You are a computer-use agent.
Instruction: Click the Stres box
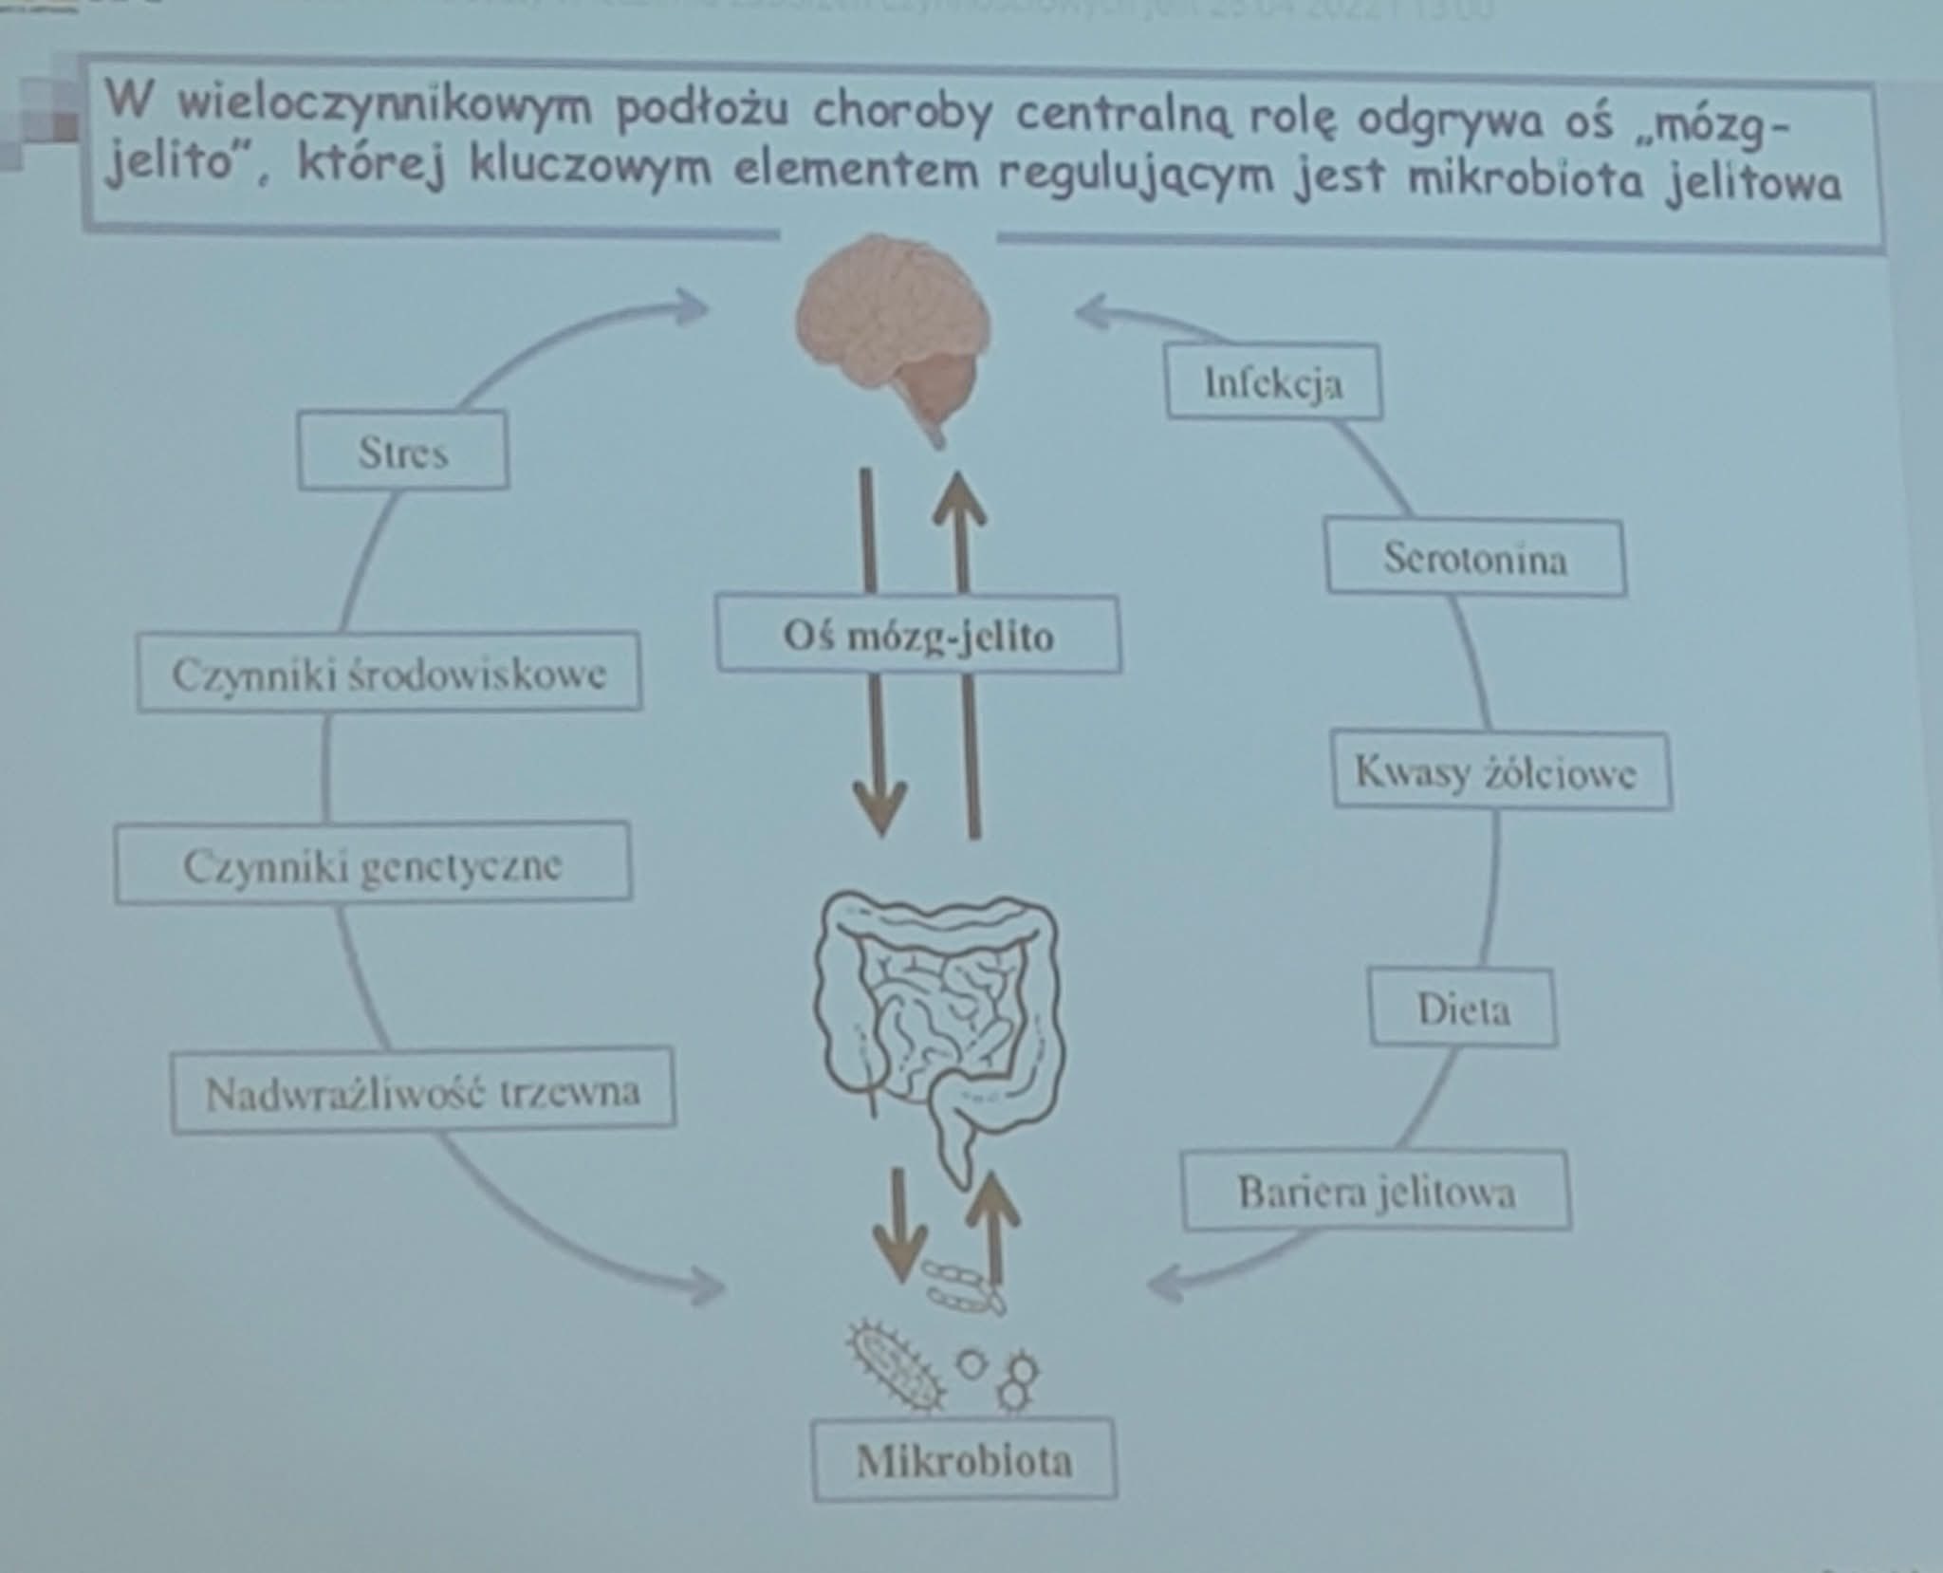tap(403, 451)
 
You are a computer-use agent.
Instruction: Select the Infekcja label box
tap(1273, 382)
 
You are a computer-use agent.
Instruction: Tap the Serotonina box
tap(1475, 557)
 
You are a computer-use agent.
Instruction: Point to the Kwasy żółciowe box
tap(1501, 770)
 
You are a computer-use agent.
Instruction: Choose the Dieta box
tap(1463, 1008)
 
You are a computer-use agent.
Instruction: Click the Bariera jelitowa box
tap(1376, 1191)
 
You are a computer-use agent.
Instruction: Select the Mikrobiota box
tap(964, 1459)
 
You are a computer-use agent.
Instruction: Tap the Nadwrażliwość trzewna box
tap(423, 1091)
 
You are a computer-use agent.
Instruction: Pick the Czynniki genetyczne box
tap(373, 863)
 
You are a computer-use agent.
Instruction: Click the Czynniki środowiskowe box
tap(389, 672)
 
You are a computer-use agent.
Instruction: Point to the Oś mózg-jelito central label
tap(918, 634)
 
